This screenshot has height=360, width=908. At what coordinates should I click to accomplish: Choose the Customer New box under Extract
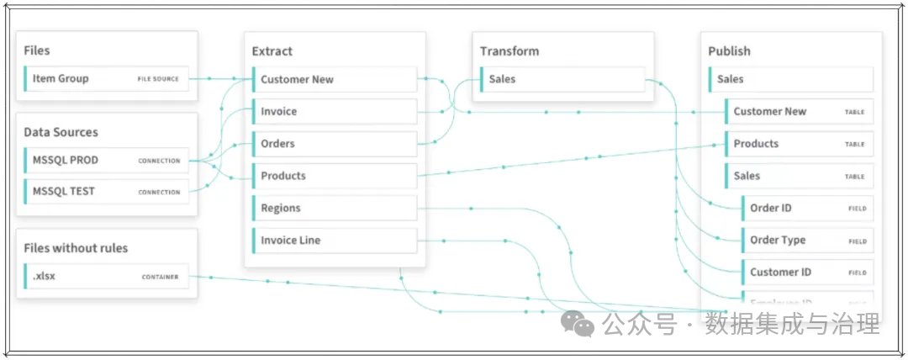tap(335, 80)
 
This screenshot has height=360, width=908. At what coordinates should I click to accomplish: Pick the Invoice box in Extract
tap(335, 112)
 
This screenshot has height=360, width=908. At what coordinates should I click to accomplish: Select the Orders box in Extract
tap(335, 144)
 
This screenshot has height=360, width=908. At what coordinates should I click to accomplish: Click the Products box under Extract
tap(335, 176)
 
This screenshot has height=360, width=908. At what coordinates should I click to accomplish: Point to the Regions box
tap(335, 208)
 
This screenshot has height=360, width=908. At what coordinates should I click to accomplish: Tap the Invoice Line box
tap(335, 241)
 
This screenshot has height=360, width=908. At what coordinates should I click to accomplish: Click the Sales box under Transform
tap(562, 80)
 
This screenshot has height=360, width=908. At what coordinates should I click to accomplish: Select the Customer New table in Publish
tap(799, 112)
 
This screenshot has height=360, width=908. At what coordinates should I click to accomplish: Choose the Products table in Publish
tap(799, 144)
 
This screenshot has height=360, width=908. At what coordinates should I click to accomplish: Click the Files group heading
tap(37, 50)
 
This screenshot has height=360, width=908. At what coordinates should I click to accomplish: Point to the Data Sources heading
tap(61, 132)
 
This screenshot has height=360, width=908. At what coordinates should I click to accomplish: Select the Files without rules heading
tap(76, 248)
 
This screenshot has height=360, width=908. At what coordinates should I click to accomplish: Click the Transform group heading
tap(509, 51)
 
